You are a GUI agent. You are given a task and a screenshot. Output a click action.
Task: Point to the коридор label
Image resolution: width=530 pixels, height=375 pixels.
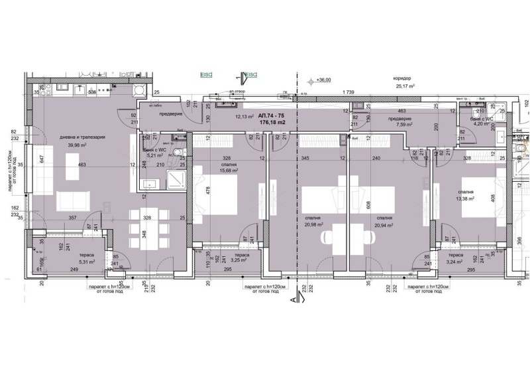pyautogui.click(x=404, y=78)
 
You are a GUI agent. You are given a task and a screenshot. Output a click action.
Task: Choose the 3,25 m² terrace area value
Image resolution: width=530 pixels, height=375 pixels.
pyautogui.click(x=240, y=262)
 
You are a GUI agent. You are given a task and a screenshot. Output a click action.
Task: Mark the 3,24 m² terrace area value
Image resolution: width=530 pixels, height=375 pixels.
pyautogui.click(x=454, y=262)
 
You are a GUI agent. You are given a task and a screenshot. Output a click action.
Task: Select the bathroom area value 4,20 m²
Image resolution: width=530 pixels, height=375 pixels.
pyautogui.click(x=479, y=123)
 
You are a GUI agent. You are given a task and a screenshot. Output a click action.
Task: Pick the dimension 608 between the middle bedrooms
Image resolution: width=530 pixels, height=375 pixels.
pyautogui.click(x=350, y=206)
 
